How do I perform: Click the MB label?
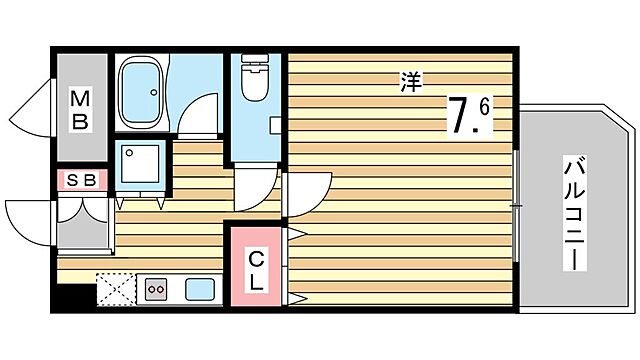coord(79,110)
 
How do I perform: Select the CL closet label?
coord(256,270)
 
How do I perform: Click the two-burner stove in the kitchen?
coord(157,290)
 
